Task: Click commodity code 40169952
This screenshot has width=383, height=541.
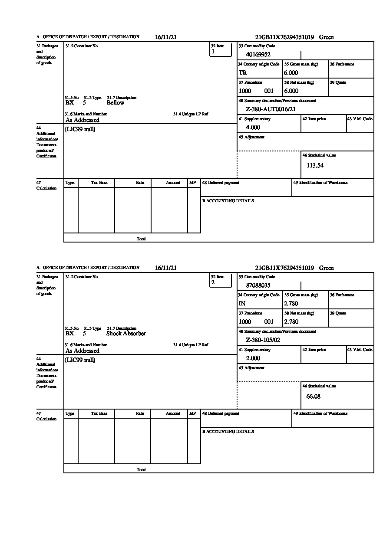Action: pos(258,55)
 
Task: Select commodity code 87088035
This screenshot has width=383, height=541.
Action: pos(258,285)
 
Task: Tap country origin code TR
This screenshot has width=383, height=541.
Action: pos(243,73)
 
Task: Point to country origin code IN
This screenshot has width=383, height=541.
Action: pos(242,304)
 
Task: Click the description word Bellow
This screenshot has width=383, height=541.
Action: pos(115,103)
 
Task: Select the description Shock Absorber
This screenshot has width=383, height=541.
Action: pos(126,334)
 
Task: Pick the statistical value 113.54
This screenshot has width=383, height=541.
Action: pos(315,165)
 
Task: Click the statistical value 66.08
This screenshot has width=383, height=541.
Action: pos(313,396)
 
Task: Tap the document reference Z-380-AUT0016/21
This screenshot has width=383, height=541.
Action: pos(271,109)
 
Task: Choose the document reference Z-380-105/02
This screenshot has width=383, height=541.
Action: pos(263,340)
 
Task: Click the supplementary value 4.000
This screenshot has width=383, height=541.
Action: pos(253,128)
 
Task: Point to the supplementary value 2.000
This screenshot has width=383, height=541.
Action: pos(253,358)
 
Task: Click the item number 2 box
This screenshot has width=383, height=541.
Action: pos(221,282)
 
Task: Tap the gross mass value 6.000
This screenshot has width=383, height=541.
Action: pos(291,73)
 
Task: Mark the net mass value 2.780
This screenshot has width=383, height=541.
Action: pos(291,322)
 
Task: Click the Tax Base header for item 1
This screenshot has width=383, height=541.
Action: pos(99,183)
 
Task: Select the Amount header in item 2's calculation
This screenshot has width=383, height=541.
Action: pos(173,413)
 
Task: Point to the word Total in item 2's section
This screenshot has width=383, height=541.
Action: pos(141,470)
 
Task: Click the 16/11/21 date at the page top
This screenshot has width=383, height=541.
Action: pos(165,37)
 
